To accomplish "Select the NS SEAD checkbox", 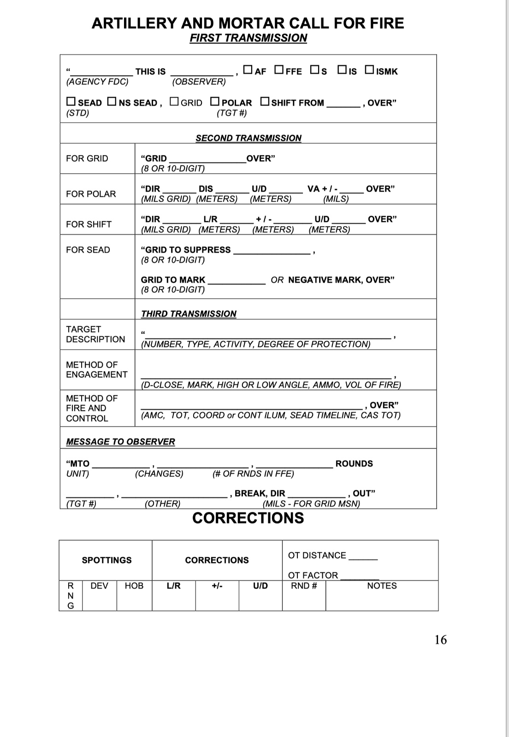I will (x=112, y=101).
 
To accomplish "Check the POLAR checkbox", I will (x=215, y=101).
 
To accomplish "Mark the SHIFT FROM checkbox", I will (x=265, y=101).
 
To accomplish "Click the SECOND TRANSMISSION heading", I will (x=249, y=138).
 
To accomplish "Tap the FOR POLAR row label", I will (x=91, y=194).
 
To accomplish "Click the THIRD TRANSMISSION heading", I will (x=189, y=314).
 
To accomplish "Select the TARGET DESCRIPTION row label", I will (x=95, y=334).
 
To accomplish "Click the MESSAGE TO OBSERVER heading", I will (x=120, y=442).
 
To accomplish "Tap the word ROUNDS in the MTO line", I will (x=354, y=463).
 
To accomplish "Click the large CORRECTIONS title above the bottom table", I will (x=248, y=518).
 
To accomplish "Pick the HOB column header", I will (x=134, y=586).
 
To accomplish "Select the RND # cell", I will (x=304, y=586).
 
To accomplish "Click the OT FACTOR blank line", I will (x=360, y=577).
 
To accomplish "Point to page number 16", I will (x=440, y=640).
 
